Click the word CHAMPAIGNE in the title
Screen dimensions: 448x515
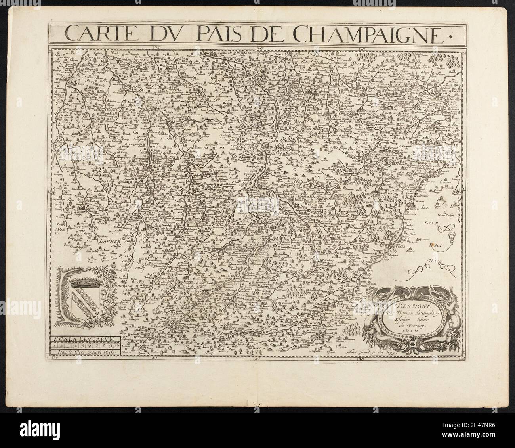pyautogui.click(x=368, y=35)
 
